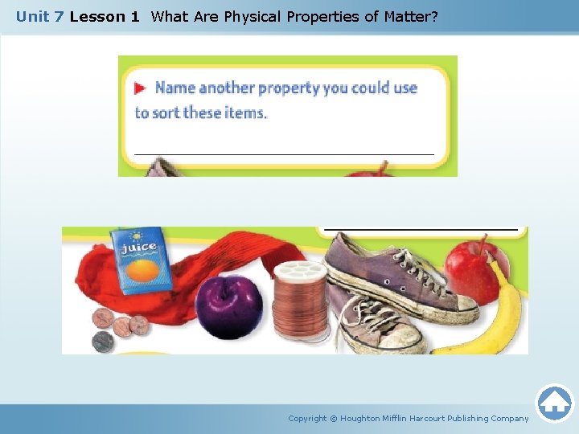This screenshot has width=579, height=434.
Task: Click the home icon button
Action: (x=554, y=402)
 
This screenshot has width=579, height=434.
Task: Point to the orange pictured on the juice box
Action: (x=142, y=271)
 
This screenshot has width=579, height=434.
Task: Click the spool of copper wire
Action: (x=301, y=301)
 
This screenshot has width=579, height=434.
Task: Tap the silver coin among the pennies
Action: (x=103, y=341)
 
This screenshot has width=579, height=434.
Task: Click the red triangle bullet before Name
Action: (x=140, y=88)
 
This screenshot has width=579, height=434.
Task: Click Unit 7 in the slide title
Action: (x=40, y=16)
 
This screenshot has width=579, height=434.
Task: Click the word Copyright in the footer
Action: (x=307, y=418)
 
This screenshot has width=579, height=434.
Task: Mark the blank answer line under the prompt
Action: (x=283, y=153)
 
